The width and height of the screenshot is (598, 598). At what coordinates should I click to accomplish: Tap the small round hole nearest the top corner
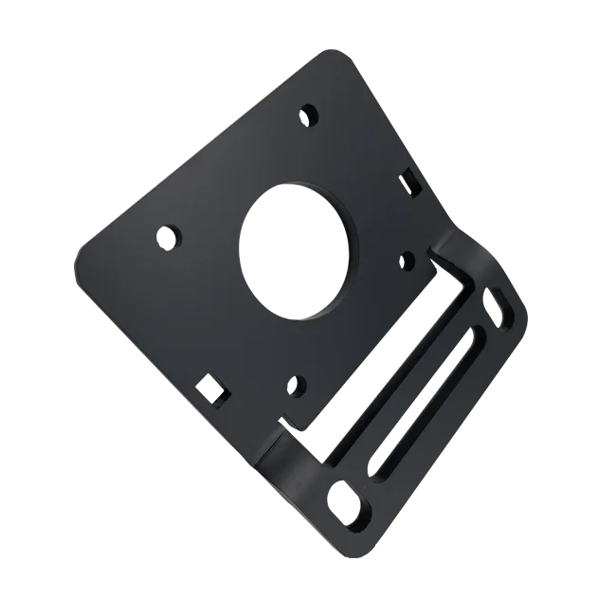tap(309, 116)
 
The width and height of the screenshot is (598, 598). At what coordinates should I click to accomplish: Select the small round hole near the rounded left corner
tap(171, 232)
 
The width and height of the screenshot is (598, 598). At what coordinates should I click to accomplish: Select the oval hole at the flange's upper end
tap(495, 305)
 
